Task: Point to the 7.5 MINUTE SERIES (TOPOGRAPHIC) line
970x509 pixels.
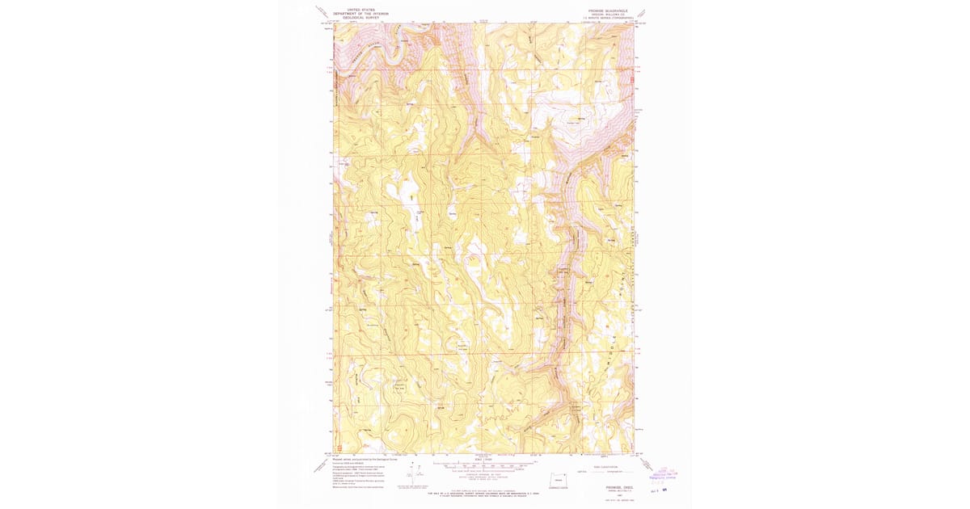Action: (x=606, y=19)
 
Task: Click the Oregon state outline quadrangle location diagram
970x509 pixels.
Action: (x=557, y=477)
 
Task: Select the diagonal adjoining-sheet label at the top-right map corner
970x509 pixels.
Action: (x=643, y=12)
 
